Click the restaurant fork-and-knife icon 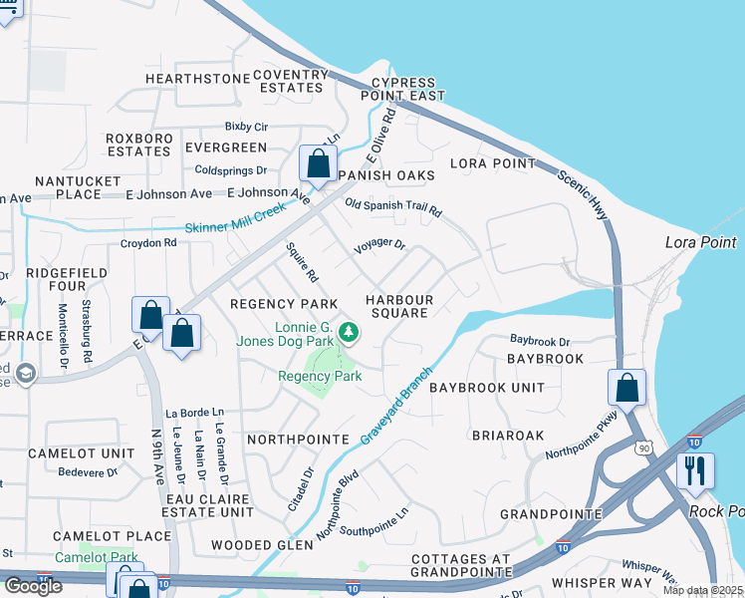[x=695, y=470]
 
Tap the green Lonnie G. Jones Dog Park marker [x=348, y=331]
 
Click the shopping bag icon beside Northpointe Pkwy [x=626, y=388]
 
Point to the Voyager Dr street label [x=379, y=244]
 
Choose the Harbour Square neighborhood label [x=398, y=306]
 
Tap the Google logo [x=33, y=585]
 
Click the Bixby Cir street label [x=246, y=127]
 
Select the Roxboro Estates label [x=139, y=145]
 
